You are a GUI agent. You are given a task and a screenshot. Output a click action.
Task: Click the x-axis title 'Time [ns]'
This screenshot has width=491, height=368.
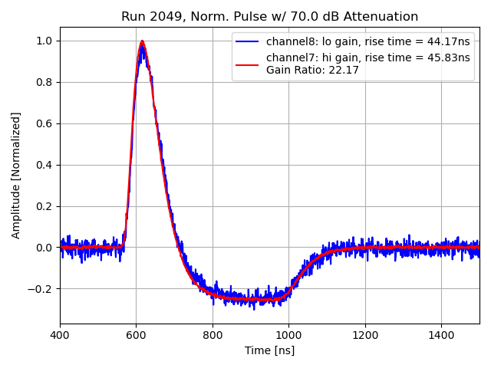(269, 350)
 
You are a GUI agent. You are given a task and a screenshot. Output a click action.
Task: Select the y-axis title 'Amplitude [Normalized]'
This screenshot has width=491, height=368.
(16, 175)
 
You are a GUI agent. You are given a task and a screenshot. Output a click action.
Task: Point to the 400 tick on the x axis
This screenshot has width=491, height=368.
(60, 335)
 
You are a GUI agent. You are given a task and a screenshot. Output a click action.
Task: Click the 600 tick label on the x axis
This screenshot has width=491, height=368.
(137, 335)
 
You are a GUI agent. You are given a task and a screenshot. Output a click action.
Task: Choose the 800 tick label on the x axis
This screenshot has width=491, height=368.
(213, 335)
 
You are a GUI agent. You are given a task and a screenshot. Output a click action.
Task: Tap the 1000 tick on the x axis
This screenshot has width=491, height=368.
(288, 335)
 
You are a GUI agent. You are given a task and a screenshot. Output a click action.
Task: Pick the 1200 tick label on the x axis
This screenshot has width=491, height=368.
(365, 335)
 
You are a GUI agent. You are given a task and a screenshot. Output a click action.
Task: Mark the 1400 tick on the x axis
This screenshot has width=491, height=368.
(441, 335)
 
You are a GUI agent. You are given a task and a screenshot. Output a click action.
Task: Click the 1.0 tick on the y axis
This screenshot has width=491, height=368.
(46, 41)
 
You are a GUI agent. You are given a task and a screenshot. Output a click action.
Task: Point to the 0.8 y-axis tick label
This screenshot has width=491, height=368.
(46, 82)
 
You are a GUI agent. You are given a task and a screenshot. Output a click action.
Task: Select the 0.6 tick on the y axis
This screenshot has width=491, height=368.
(46, 123)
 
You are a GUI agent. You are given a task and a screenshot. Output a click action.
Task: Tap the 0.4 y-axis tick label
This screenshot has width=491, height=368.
(46, 165)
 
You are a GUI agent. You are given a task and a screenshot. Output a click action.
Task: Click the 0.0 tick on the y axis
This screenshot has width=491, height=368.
(46, 248)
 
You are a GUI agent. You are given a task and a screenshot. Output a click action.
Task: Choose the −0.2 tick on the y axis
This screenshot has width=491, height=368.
(42, 289)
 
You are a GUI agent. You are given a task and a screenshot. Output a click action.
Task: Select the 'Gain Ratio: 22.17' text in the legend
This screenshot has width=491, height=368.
(312, 71)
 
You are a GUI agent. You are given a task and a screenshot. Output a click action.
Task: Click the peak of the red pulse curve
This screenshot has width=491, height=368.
(142, 41)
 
